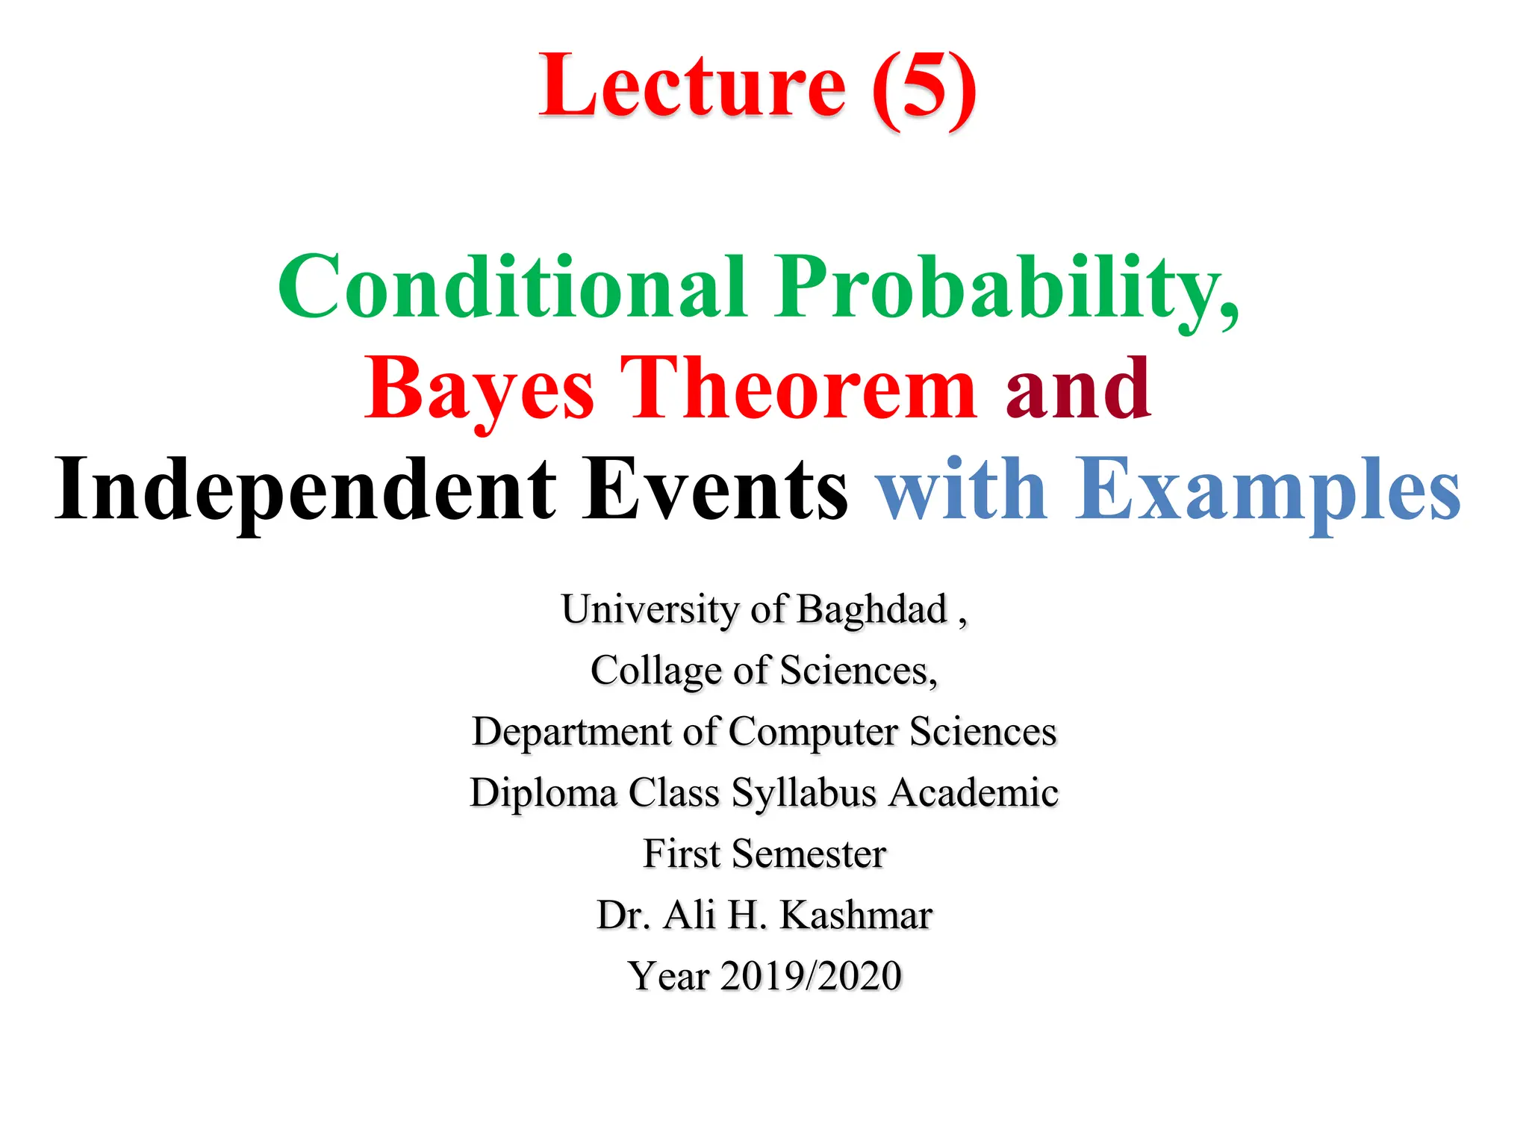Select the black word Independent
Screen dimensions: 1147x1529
pyautogui.click(x=305, y=489)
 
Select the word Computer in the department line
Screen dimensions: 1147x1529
pyautogui.click(x=813, y=731)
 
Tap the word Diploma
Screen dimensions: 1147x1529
pyautogui.click(x=544, y=792)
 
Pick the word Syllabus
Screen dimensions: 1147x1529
pyautogui.click(x=803, y=792)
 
